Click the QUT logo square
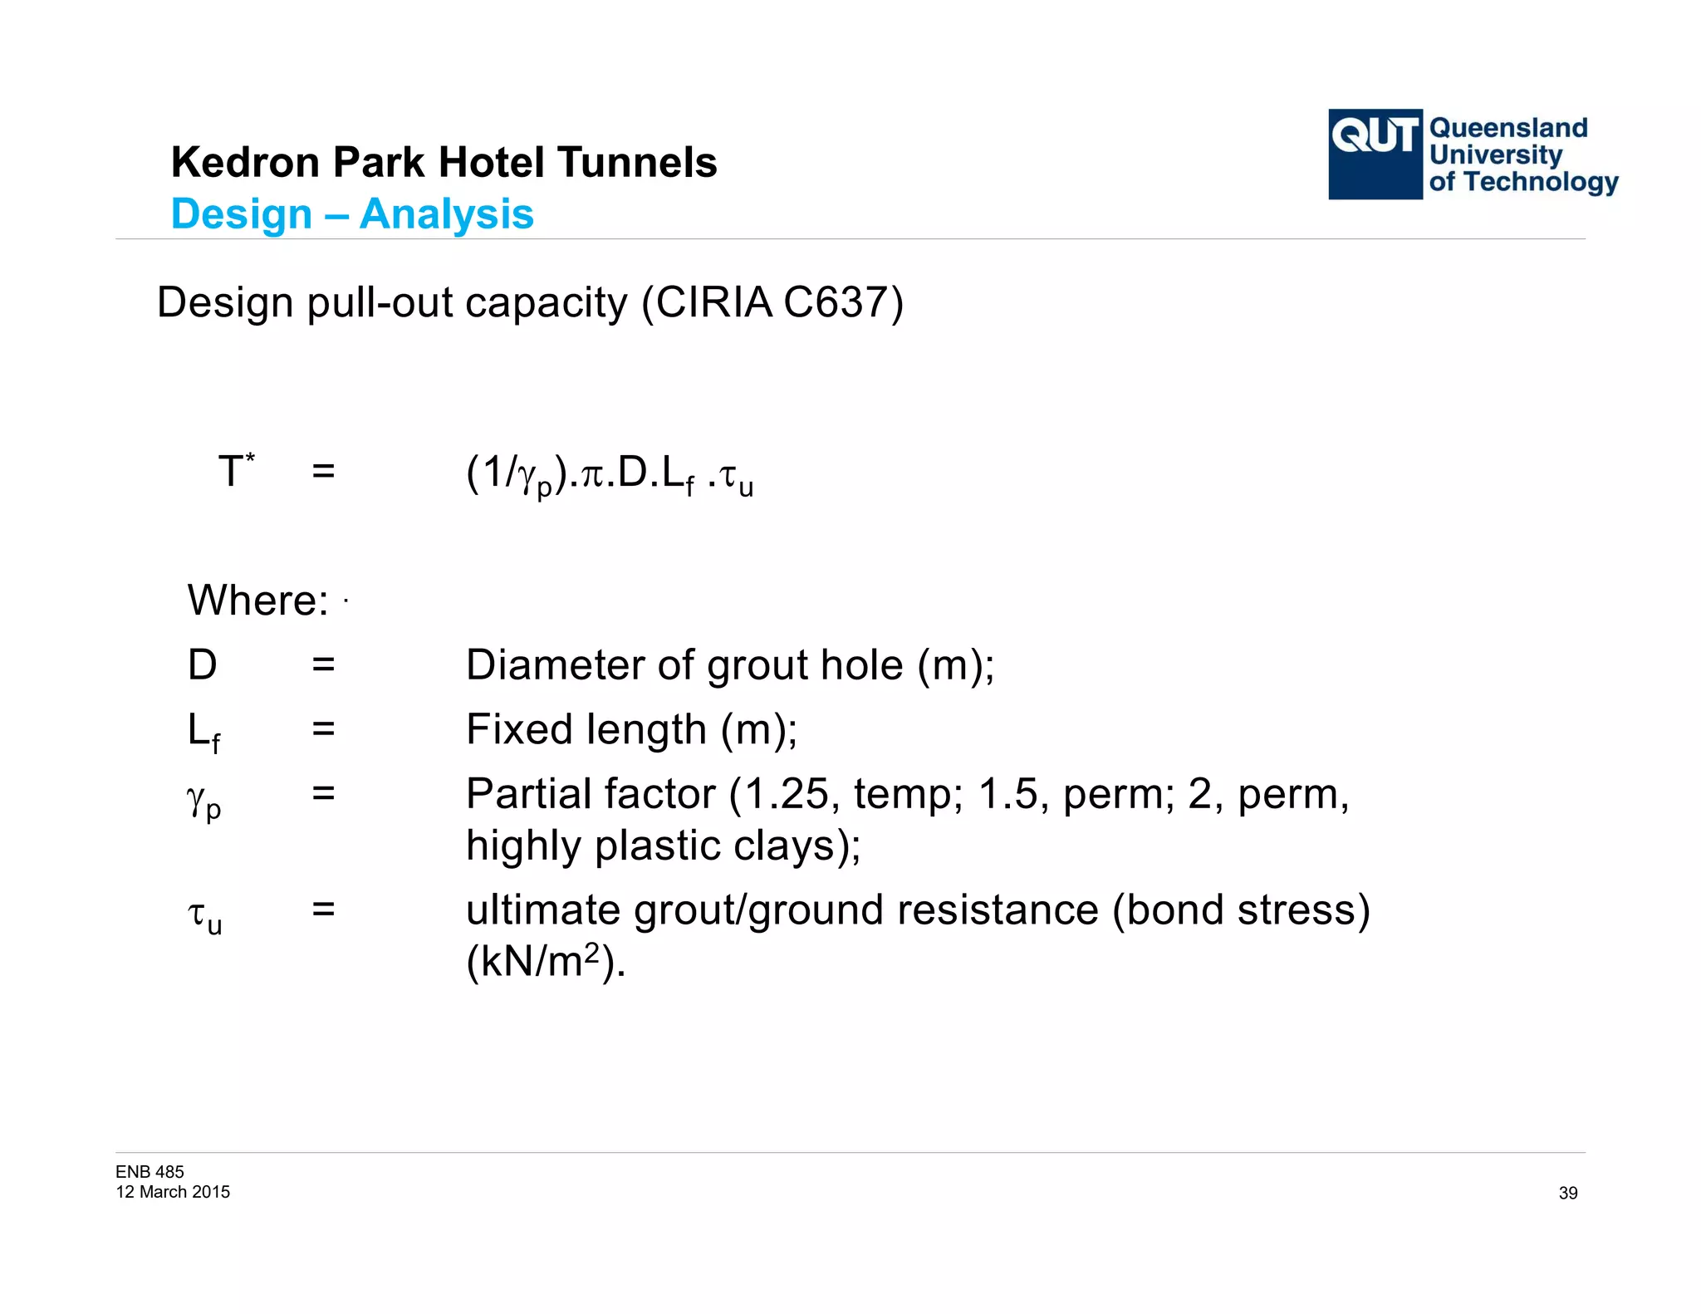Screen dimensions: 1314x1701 pos(1375,154)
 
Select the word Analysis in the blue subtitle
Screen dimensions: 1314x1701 pos(447,214)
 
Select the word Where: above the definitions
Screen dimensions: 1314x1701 pos(258,600)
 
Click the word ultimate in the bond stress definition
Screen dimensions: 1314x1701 pos(542,910)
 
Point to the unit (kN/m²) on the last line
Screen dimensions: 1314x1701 pos(545,962)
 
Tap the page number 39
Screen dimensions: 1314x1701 pos(1567,1193)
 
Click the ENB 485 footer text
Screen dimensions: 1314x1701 pos(150,1171)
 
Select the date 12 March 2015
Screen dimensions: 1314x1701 pos(173,1192)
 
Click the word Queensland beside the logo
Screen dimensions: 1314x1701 pos(1508,128)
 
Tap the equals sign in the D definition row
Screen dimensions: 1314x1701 pos(323,664)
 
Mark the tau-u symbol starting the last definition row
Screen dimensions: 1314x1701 pos(204,917)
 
